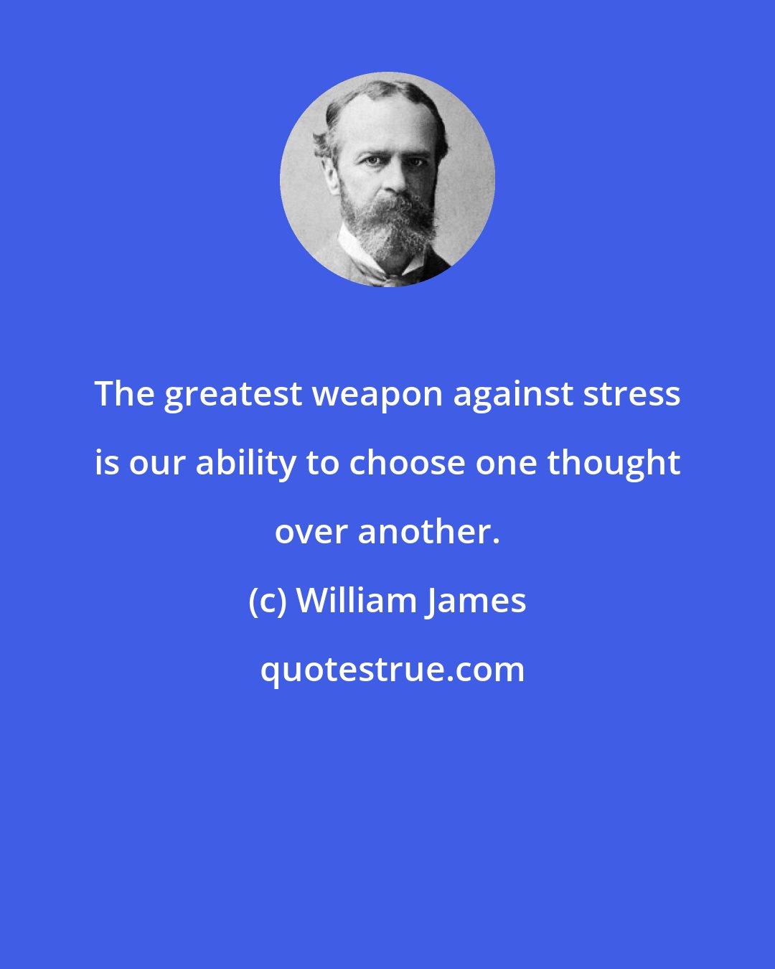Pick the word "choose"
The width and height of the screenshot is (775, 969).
tap(407, 463)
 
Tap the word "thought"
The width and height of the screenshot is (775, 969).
tap(614, 464)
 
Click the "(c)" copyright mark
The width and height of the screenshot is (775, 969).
tap(268, 601)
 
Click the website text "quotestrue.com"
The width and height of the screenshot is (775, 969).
tap(393, 670)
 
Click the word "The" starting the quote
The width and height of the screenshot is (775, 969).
tap(125, 394)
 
